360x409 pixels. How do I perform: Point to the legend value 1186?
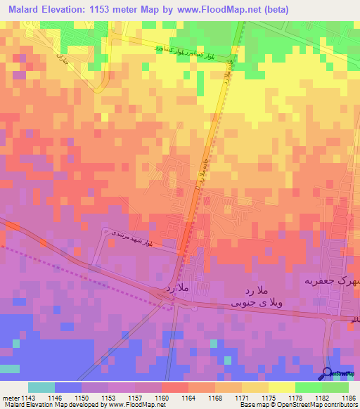[x=349, y=396]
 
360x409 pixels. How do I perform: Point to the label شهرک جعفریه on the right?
[x=329, y=280]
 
